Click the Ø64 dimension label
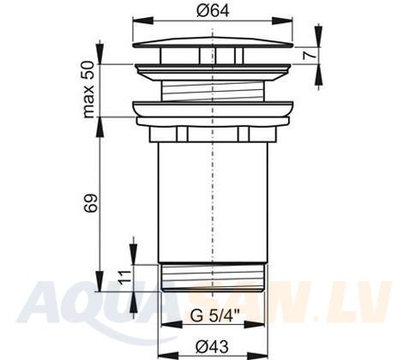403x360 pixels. (x=213, y=11)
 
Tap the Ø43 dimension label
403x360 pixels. (x=213, y=347)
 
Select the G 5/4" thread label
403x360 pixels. (x=215, y=316)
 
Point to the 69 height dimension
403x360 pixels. (x=91, y=203)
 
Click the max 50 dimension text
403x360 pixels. (x=88, y=90)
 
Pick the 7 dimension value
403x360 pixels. (x=310, y=54)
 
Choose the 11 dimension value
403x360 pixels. (x=125, y=276)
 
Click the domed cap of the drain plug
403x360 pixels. (x=213, y=42)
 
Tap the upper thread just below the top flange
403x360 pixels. (x=213, y=91)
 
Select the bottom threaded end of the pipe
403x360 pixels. (x=213, y=277)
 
